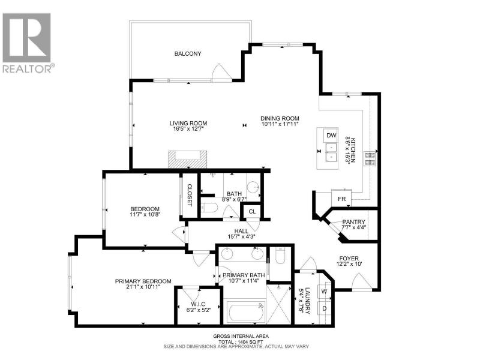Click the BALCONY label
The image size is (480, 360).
click(188, 53)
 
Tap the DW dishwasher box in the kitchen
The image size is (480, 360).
click(331, 136)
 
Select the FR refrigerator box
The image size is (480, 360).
click(341, 199)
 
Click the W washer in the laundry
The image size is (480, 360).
click(324, 292)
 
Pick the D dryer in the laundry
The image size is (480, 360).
click(324, 308)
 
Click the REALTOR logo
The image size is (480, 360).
click(27, 43)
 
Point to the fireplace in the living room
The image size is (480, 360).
click(187, 159)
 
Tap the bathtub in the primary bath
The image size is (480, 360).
click(246, 311)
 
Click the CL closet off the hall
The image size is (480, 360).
click(252, 212)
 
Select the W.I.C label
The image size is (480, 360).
click(198, 304)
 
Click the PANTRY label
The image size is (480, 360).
click(353, 222)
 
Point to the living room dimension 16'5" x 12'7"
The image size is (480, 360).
click(188, 129)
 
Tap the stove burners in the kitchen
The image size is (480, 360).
click(370, 158)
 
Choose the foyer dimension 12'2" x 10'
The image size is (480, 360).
click(349, 264)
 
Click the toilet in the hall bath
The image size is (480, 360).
click(209, 208)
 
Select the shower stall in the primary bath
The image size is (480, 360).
click(278, 304)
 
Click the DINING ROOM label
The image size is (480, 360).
click(280, 118)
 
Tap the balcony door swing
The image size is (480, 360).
click(221, 72)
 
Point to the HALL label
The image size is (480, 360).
click(241, 231)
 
